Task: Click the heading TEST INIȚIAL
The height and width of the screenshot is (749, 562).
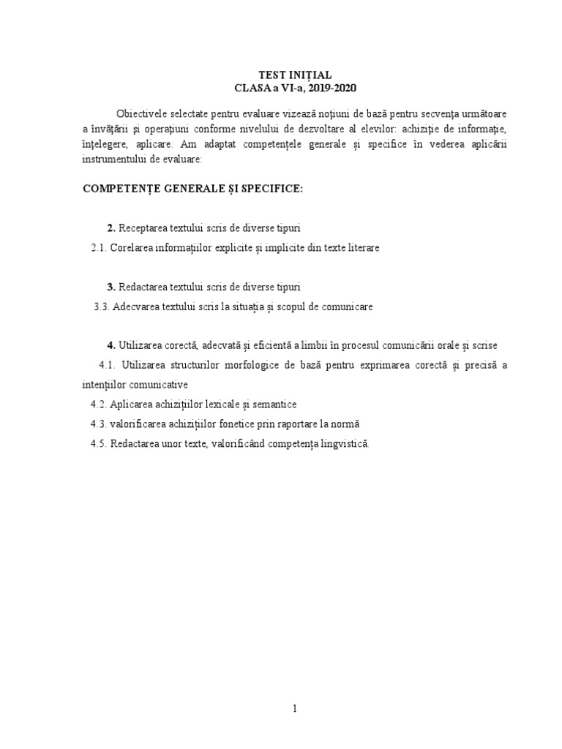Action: click(x=296, y=75)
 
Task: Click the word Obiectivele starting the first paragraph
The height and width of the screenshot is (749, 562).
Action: click(x=143, y=116)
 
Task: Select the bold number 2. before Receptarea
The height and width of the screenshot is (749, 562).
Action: click(x=111, y=228)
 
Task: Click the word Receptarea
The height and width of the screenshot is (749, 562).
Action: click(x=146, y=228)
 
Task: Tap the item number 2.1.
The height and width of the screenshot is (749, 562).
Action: click(x=100, y=248)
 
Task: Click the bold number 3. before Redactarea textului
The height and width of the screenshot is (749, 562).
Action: click(x=111, y=287)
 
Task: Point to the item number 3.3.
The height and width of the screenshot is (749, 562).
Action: click(x=101, y=307)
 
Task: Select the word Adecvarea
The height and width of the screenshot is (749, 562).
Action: click(x=137, y=307)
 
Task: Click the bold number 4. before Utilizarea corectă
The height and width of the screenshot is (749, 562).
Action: click(x=111, y=345)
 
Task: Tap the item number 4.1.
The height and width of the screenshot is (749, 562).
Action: click(x=107, y=365)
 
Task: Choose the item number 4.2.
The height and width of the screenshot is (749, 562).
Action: click(x=100, y=404)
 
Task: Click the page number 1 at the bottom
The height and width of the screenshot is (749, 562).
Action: click(x=295, y=708)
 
